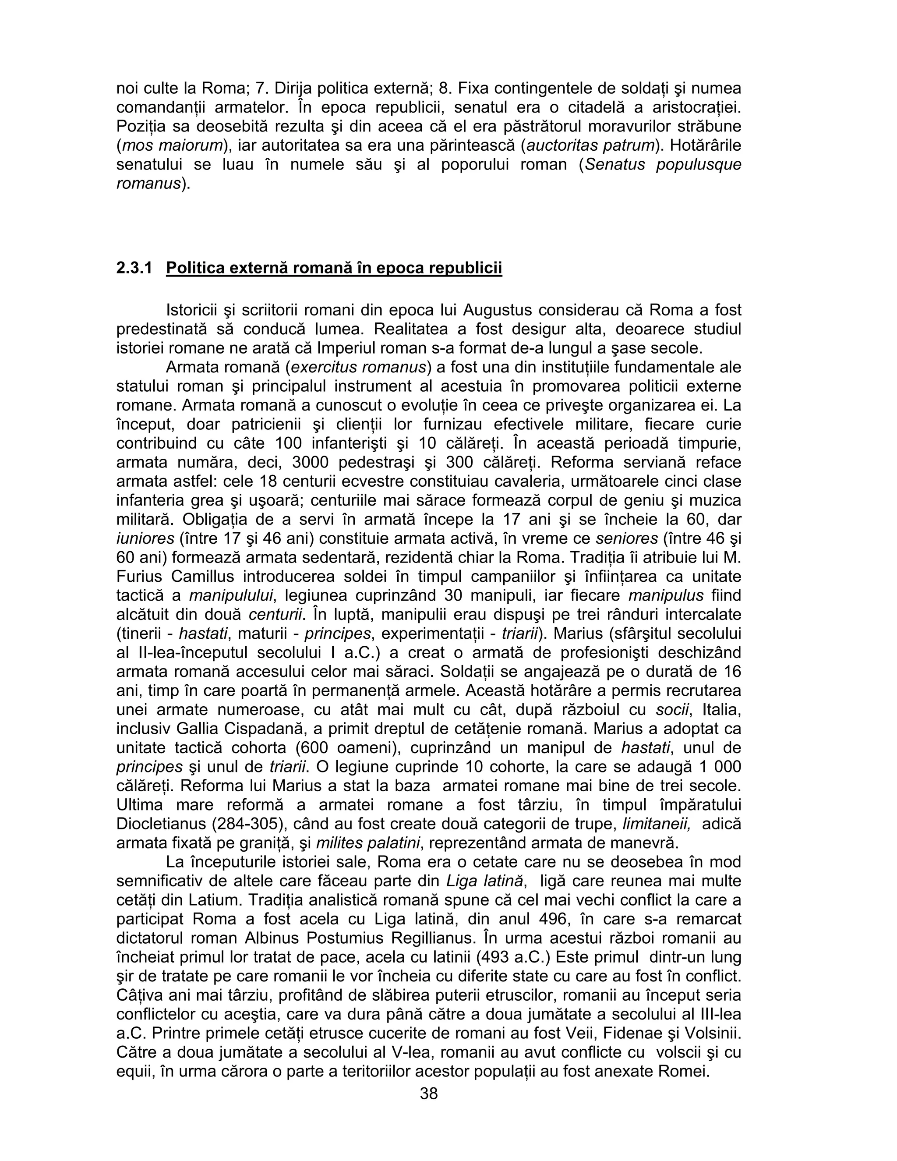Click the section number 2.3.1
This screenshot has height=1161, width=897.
(134, 268)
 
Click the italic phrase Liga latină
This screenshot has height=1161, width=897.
(485, 881)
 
